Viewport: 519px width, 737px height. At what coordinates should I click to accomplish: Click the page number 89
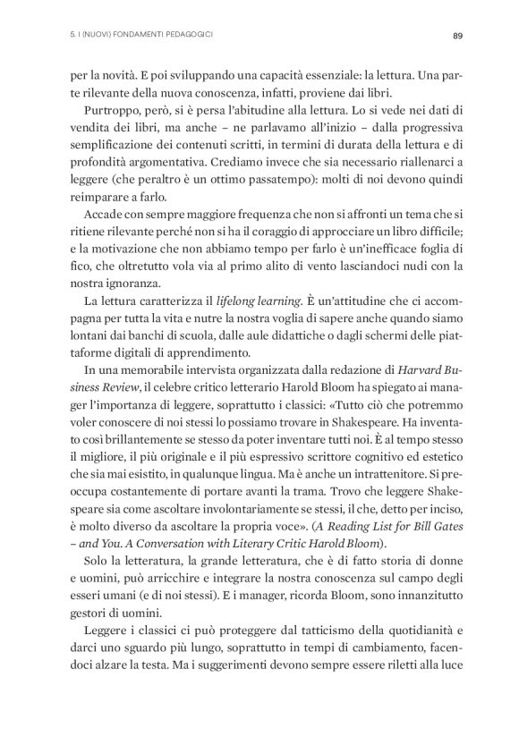456,36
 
